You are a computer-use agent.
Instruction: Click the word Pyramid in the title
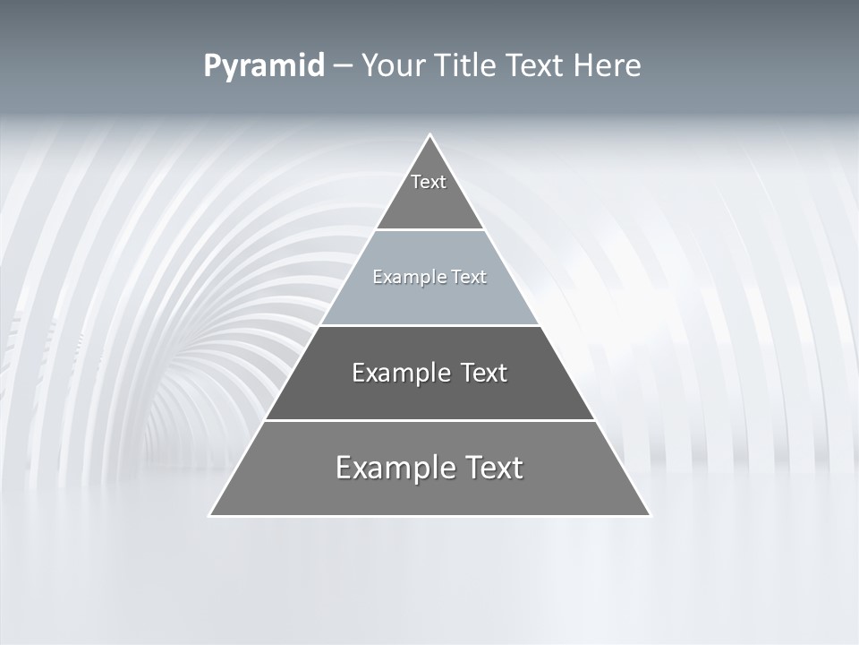pos(263,66)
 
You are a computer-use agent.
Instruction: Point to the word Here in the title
pos(608,66)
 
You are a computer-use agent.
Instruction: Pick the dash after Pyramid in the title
pos(342,66)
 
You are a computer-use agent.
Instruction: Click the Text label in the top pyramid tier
pos(429,182)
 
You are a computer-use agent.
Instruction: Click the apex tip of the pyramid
pos(429,136)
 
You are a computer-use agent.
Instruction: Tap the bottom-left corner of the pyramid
pos(211,515)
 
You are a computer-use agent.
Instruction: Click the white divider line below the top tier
pos(429,230)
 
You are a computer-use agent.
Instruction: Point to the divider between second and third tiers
pos(429,325)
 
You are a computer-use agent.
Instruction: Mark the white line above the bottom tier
pos(429,420)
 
